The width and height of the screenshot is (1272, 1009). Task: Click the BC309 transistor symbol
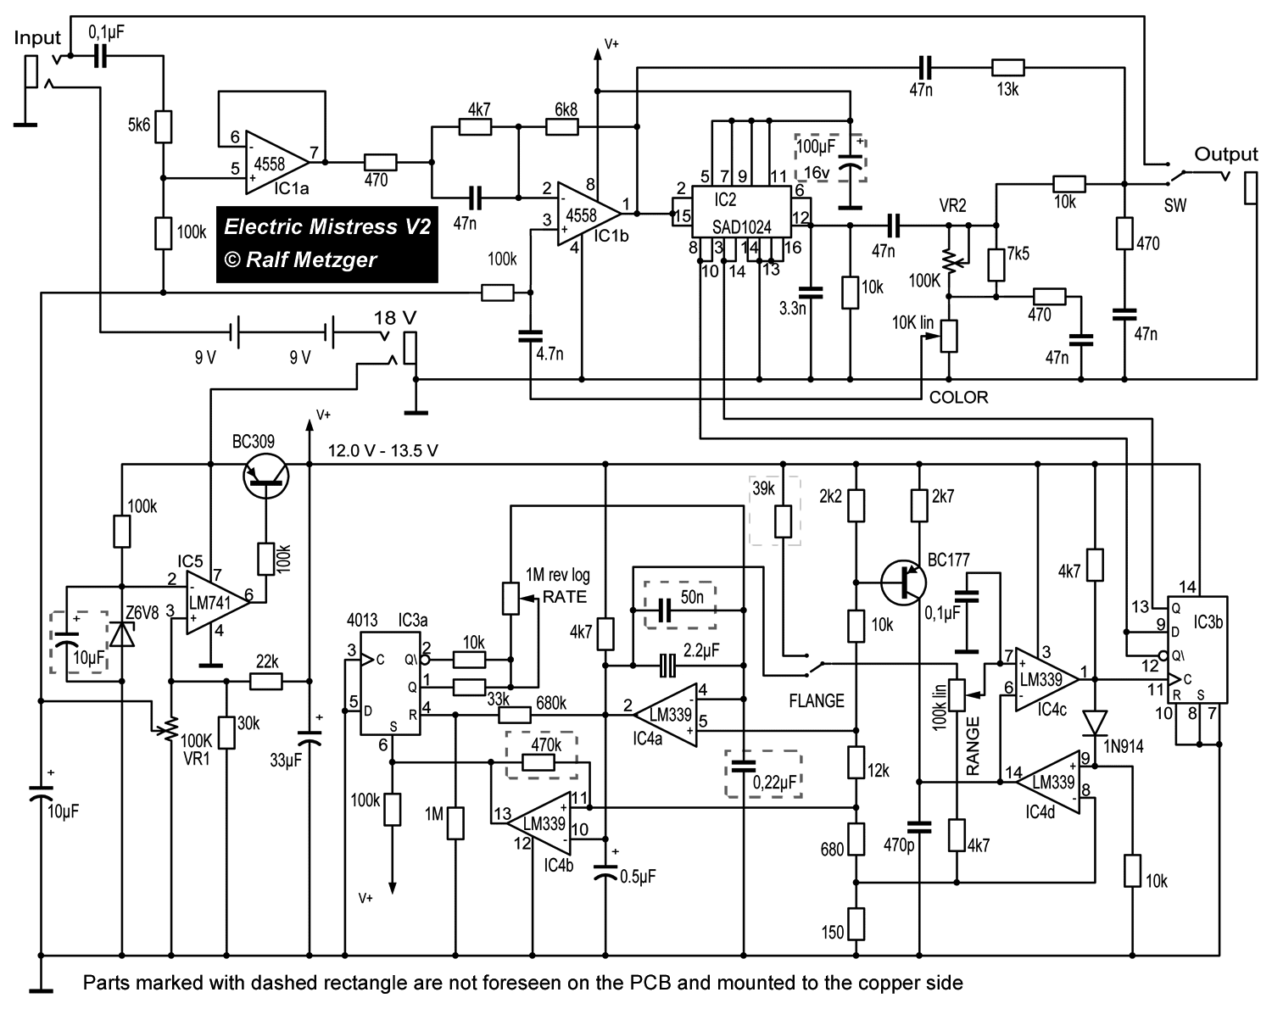(266, 477)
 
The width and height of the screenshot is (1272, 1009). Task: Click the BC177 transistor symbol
(903, 583)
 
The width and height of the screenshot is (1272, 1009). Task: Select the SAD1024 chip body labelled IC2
(741, 212)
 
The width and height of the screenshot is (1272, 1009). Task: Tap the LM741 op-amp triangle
(218, 602)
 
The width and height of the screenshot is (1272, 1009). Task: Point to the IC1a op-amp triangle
(277, 162)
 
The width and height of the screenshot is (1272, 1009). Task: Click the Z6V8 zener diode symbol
(122, 634)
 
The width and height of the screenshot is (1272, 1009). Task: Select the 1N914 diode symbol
(1095, 723)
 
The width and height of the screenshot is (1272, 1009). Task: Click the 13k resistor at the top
(1007, 68)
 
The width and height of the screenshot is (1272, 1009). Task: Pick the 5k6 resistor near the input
(163, 126)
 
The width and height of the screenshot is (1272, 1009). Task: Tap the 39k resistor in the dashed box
(784, 521)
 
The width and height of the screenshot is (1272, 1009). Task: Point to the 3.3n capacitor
(811, 292)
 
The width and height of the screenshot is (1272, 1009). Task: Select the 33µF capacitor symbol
(310, 739)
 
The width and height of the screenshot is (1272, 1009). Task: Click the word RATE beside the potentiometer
(565, 597)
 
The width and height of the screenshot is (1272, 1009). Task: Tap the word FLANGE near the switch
(817, 701)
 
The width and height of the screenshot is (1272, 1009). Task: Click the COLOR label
(958, 397)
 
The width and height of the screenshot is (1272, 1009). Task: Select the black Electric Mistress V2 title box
(326, 244)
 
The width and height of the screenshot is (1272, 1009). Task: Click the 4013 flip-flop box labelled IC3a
(391, 684)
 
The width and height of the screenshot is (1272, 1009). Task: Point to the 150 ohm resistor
(856, 924)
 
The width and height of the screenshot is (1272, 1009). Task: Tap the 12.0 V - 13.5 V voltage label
(383, 451)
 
